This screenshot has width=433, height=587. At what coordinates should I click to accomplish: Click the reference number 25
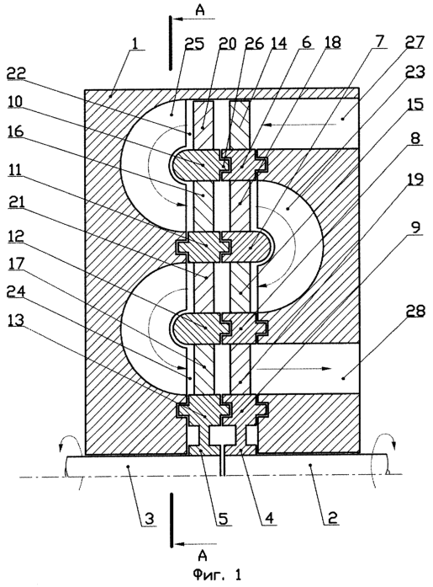[194, 44]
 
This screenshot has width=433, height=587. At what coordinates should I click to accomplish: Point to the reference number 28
[415, 312]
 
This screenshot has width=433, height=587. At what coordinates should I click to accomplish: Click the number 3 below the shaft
[150, 520]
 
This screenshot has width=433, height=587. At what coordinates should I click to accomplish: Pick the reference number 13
[16, 321]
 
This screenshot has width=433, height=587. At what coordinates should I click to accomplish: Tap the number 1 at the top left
[135, 43]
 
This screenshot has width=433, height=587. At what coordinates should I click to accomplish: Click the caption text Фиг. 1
[218, 574]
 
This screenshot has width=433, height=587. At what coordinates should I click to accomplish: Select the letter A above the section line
[200, 11]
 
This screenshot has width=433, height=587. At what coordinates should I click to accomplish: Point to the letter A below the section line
[203, 556]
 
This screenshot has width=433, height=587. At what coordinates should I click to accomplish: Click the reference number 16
[16, 131]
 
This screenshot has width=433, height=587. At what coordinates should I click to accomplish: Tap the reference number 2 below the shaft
[332, 518]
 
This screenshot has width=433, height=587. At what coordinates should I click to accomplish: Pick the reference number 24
[16, 291]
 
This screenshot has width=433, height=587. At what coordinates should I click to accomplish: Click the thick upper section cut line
[171, 43]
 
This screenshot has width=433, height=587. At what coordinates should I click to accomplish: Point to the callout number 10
[16, 101]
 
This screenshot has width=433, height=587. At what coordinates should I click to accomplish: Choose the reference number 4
[269, 519]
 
